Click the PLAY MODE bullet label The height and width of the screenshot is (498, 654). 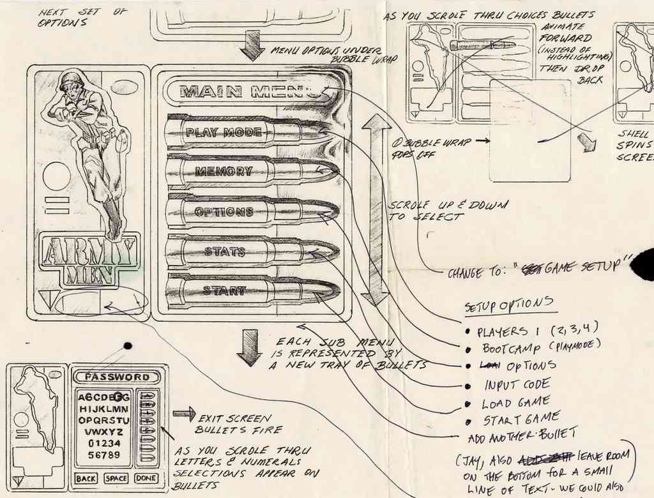click(224, 132)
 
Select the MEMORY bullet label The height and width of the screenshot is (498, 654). click(224, 171)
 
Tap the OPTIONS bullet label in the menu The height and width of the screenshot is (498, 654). click(224, 211)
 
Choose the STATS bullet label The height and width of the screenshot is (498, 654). click(224, 252)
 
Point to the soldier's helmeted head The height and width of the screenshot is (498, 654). click(71, 86)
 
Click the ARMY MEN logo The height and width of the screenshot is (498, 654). click(89, 259)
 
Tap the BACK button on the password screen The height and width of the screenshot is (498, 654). click(86, 478)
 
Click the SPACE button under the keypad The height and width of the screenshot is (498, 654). click(116, 478)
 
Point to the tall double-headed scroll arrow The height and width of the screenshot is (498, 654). click(376, 209)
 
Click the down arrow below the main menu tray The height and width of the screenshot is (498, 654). click(249, 347)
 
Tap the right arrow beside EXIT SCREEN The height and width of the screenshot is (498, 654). click(184, 414)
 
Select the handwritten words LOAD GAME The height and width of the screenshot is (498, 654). click(515, 403)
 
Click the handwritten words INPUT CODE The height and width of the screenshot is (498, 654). click(517, 385)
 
